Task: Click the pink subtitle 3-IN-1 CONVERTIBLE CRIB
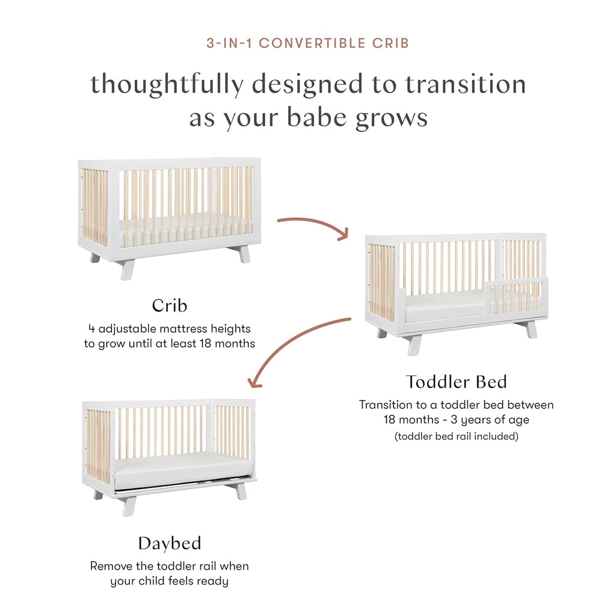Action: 307,43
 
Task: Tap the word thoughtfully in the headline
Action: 165,84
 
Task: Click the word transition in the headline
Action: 465,84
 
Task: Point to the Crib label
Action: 169,305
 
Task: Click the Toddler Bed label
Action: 456,381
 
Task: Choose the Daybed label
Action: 169,543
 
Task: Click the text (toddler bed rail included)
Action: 456,436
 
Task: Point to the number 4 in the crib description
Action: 91,329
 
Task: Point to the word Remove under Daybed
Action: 109,566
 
